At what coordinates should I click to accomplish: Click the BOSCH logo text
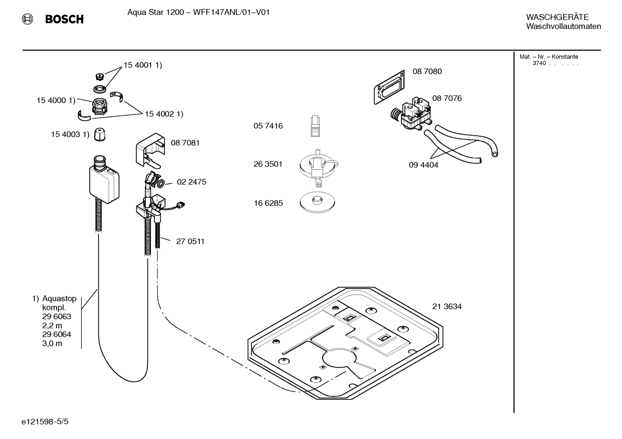pos(64,19)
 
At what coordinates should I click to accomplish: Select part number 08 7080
pos(427,72)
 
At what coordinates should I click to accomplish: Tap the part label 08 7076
pos(447,98)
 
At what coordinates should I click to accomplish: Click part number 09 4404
pos(423,165)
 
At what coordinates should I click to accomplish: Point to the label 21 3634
pos(447,307)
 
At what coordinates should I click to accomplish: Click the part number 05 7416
pos(268,126)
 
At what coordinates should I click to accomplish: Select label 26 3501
pos(268,164)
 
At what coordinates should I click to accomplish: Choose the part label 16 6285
pos(268,203)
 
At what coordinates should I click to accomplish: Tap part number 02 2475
pos(192,182)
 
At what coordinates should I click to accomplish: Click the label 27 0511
pos(190,242)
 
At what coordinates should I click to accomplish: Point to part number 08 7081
pos(185,143)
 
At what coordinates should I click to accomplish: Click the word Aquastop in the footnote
pos(59,299)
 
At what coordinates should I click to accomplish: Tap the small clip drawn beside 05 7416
pos(315,126)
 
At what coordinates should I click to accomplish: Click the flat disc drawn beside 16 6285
pos(317,202)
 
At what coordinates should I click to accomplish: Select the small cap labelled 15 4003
pos(100,134)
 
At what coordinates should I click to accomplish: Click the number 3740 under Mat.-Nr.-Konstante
pos(539,63)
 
